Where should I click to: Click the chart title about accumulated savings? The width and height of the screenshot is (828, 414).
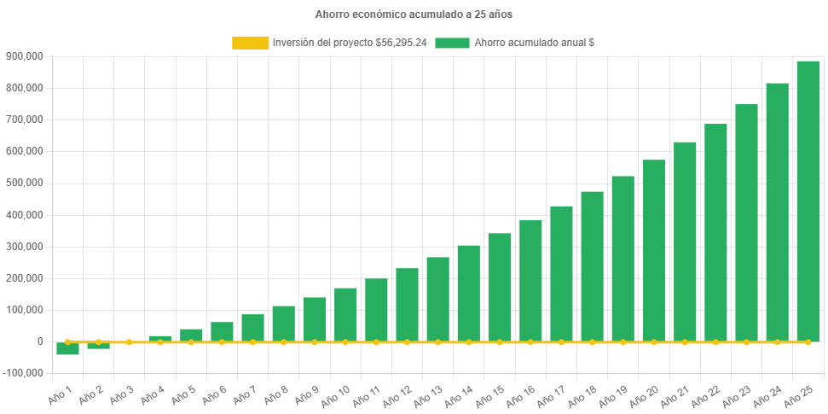click(414, 15)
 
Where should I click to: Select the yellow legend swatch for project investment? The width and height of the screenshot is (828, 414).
click(250, 43)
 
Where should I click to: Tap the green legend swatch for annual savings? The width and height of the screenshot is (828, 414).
click(452, 43)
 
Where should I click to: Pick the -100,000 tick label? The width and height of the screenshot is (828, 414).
click(24, 373)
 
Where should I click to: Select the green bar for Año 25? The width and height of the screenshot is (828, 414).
click(808, 201)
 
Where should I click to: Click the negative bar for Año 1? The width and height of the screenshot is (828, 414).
click(68, 348)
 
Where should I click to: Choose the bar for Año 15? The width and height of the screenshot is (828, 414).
click(500, 287)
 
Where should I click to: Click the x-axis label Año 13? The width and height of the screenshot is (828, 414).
click(426, 396)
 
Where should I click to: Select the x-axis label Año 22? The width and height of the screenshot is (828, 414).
click(704, 396)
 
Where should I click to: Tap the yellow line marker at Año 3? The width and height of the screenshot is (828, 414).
click(130, 341)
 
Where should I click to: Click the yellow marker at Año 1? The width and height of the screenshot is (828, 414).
click(68, 341)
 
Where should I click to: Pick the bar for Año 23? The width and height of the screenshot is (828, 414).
click(746, 222)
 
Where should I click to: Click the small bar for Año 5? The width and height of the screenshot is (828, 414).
click(191, 334)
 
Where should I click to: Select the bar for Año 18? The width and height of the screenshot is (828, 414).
click(592, 265)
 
